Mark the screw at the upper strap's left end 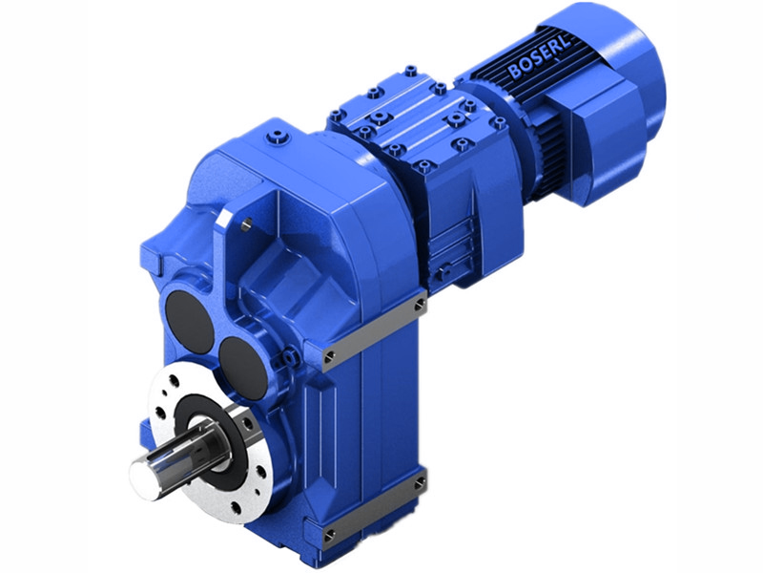[x=329, y=358]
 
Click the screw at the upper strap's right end [x=420, y=306]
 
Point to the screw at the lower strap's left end [x=329, y=536]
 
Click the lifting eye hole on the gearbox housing [x=246, y=224]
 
